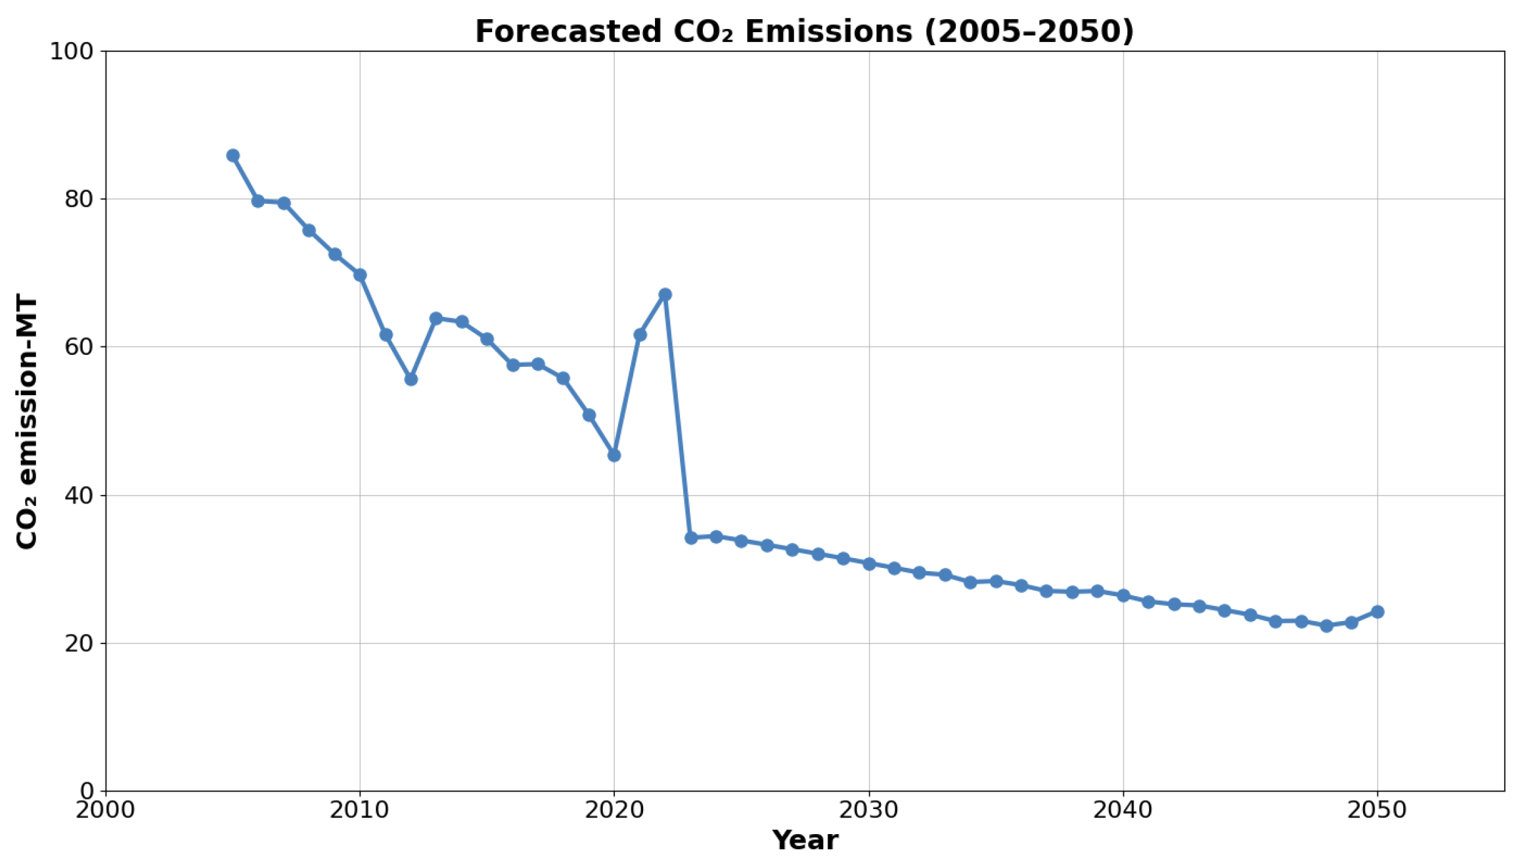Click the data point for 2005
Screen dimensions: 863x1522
click(233, 156)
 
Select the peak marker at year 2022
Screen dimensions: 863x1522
click(665, 294)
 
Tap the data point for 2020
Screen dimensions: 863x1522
click(614, 455)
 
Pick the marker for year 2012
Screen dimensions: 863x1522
click(411, 379)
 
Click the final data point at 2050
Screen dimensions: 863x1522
click(1377, 612)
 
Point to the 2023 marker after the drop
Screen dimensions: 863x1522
click(690, 538)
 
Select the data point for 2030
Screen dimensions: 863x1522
click(869, 564)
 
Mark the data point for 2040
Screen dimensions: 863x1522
click(1123, 595)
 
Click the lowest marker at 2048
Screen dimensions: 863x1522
click(1326, 626)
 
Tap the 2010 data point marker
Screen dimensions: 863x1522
click(360, 275)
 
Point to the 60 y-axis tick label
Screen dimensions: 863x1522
click(78, 347)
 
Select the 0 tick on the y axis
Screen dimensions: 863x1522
click(88, 791)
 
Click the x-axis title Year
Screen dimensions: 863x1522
click(805, 841)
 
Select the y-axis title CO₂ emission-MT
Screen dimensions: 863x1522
click(28, 422)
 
